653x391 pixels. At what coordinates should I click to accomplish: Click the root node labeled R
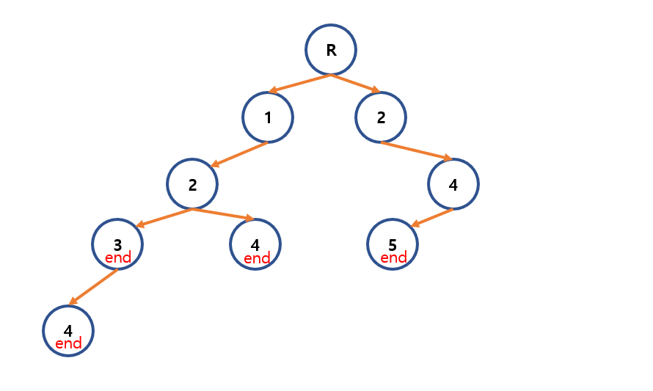pyautogui.click(x=331, y=50)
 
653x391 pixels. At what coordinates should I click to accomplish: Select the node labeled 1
pyautogui.click(x=268, y=117)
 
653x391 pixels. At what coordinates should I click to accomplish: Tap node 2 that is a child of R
pyautogui.click(x=381, y=117)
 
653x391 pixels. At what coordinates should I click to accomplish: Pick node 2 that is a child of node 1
pyautogui.click(x=192, y=184)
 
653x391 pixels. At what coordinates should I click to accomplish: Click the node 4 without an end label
pyautogui.click(x=453, y=184)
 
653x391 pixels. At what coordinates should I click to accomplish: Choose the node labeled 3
pyautogui.click(x=117, y=244)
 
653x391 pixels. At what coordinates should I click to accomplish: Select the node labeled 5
pyautogui.click(x=393, y=244)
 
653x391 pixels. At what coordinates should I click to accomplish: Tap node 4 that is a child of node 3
pyautogui.click(x=68, y=331)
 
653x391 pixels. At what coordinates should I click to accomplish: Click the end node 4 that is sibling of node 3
pyautogui.click(x=255, y=244)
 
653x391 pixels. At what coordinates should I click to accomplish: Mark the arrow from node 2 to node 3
pyautogui.click(x=164, y=218)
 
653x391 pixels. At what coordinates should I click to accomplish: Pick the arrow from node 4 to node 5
pyautogui.click(x=431, y=218)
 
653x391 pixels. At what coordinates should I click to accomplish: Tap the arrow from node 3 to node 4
pyautogui.click(x=93, y=287)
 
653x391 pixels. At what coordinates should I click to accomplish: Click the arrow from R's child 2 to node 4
pyautogui.click(x=416, y=150)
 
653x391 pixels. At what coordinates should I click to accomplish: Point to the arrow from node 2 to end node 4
pyautogui.click(x=223, y=214)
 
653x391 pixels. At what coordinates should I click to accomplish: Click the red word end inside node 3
pyautogui.click(x=118, y=258)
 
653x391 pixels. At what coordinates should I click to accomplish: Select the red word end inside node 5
pyautogui.click(x=393, y=258)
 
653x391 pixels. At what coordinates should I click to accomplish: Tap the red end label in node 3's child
pyautogui.click(x=68, y=344)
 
